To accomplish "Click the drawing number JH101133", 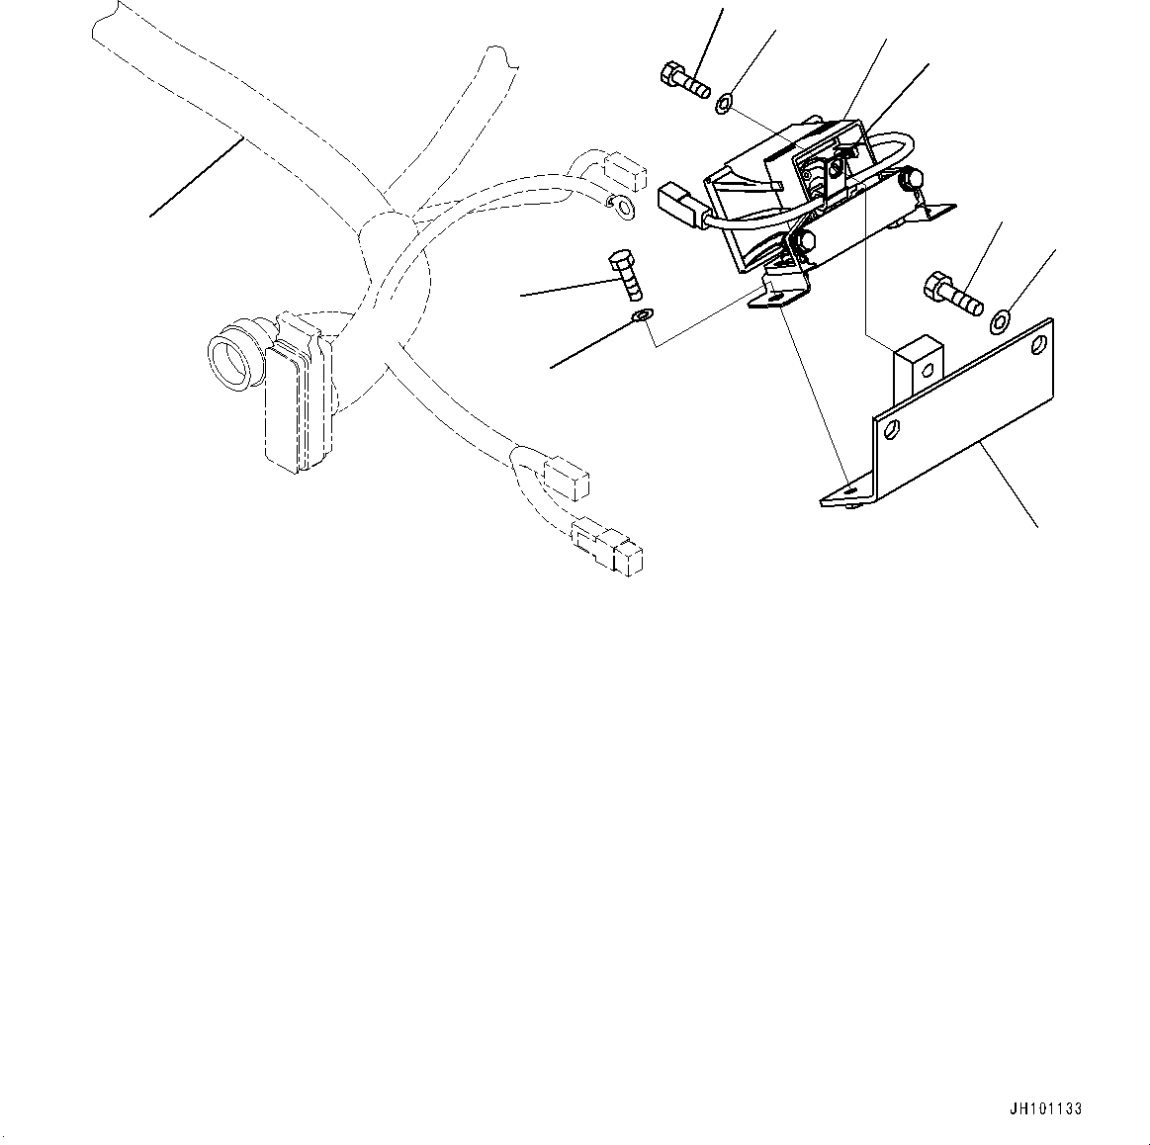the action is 1045,1108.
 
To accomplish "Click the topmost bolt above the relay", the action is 685,81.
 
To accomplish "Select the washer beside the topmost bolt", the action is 724,104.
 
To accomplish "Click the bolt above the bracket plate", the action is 952,294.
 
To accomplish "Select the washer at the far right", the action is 1001,319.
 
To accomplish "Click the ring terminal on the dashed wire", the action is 623,211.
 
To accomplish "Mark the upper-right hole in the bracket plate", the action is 1038,344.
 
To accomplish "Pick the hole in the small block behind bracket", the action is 928,369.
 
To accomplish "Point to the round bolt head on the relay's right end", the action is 911,177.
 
